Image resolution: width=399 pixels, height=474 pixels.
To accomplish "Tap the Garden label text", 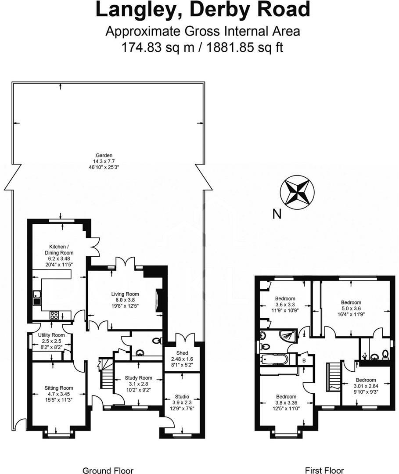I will [104, 155].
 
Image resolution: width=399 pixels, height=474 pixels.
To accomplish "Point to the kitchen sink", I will [36, 298].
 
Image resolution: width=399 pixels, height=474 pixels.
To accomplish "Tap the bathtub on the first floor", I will [273, 359].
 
